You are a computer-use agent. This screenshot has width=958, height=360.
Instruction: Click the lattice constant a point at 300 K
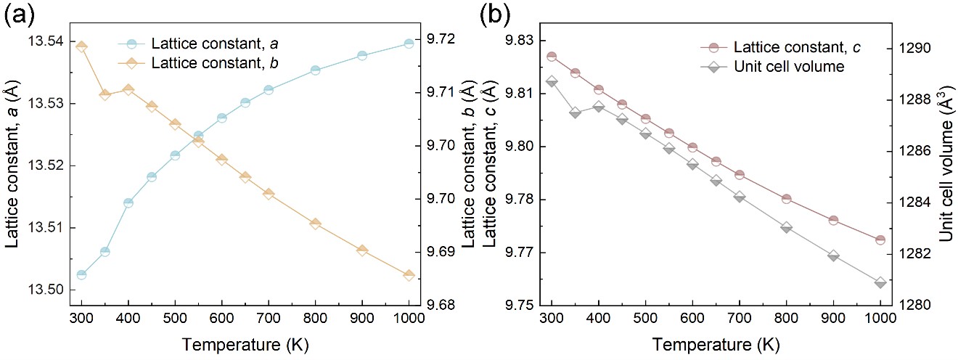click(x=81, y=274)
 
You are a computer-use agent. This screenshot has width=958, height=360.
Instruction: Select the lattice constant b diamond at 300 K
click(x=81, y=46)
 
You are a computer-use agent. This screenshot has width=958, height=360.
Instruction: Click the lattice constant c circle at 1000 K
click(x=880, y=240)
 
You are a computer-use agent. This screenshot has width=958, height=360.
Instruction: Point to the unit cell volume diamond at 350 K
click(x=575, y=112)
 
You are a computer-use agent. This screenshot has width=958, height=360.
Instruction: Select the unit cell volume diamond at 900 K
click(x=833, y=255)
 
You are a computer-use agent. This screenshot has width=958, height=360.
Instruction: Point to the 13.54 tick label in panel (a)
click(x=48, y=42)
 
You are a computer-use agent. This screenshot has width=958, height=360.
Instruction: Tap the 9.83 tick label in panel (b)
click(x=520, y=41)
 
